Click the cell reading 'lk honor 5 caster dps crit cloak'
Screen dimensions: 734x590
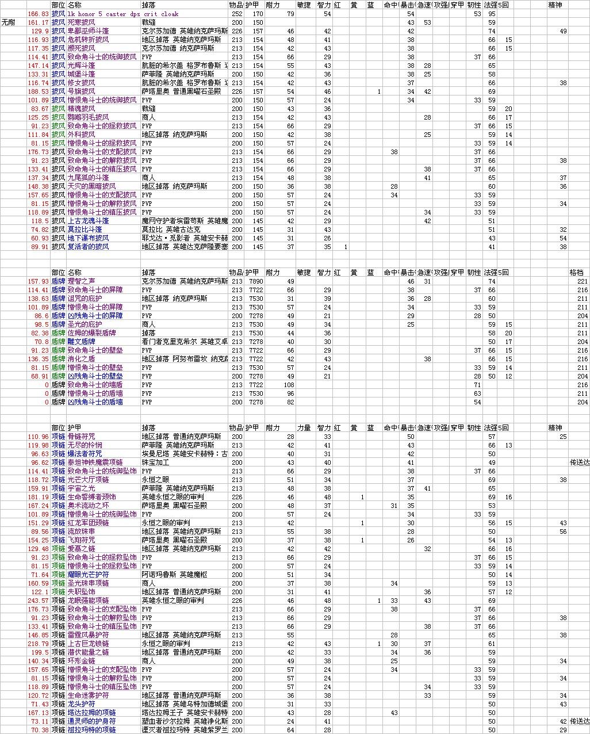[122, 14]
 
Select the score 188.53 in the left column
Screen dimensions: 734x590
[39, 91]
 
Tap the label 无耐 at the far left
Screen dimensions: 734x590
[9, 22]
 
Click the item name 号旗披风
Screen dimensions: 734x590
[81, 91]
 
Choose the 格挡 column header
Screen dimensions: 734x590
[576, 273]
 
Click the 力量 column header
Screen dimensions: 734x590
[304, 428]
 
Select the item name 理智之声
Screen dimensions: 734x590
[81, 281]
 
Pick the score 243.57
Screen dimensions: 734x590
[39, 601]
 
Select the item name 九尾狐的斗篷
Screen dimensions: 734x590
[88, 178]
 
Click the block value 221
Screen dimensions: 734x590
[583, 281]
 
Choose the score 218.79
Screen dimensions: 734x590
[39, 644]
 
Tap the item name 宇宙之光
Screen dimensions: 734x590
[81, 488]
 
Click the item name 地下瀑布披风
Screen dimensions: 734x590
[88, 238]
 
